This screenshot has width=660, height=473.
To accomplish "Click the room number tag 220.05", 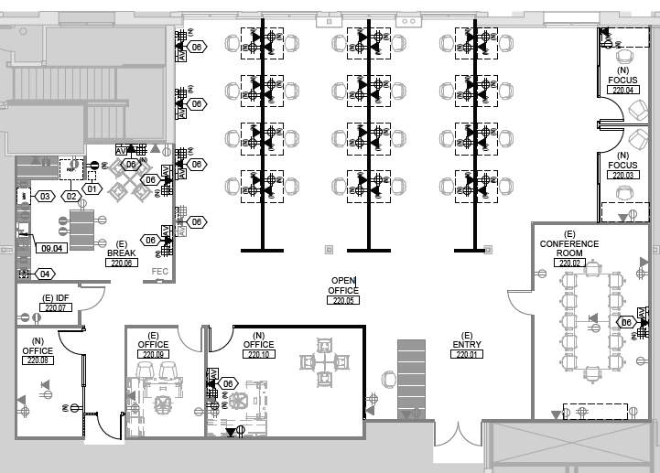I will coord(344,300).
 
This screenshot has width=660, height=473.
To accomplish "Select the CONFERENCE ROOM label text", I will coord(569,248).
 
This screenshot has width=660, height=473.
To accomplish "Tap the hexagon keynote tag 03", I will coord(44,196).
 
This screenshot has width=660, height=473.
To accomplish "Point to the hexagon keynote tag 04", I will coord(44,274).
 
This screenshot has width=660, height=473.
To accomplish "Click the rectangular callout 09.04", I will coord(51,248).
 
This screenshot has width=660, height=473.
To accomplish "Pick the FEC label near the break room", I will coord(160,272).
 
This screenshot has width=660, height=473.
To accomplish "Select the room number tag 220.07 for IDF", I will coord(56,307).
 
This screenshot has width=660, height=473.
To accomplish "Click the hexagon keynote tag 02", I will coord(70,196).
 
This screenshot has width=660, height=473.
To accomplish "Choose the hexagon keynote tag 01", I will coord(92,189).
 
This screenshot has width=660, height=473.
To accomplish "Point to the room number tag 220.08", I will coord(38,360).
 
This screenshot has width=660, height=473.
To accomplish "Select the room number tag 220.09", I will coord(153,354).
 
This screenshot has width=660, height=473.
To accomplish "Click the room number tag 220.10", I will coord(259,354).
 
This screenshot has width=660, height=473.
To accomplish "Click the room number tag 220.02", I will coord(569,263).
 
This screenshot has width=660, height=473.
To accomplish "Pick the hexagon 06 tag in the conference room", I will coord(627,322).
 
